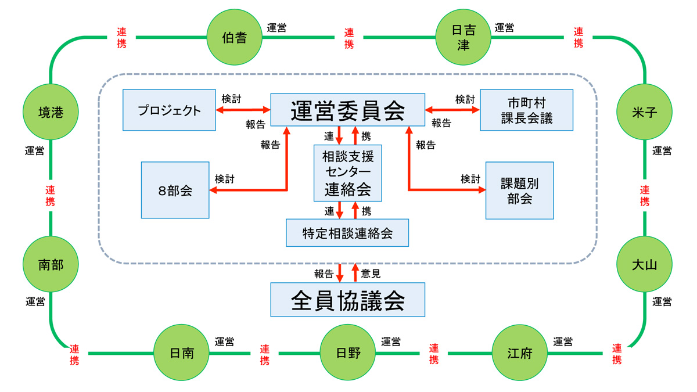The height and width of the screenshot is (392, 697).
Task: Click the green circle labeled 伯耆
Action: [234, 38]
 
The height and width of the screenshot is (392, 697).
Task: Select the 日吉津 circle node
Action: [463, 38]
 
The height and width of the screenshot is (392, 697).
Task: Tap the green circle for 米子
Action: [644, 112]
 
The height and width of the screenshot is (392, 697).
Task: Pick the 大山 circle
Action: [644, 265]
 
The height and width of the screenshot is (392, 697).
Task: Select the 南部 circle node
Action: [51, 265]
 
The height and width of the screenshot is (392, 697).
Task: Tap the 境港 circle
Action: [51, 112]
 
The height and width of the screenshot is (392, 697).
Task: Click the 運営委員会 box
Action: [348, 110]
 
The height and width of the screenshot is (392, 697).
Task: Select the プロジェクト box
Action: [169, 110]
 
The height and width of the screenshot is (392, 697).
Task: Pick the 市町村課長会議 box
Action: [526, 110]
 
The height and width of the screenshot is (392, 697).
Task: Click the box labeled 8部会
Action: [175, 190]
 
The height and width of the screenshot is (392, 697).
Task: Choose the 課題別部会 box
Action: [519, 190]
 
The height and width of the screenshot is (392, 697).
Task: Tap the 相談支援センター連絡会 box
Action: [347, 173]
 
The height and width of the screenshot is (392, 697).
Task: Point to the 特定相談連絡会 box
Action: [347, 233]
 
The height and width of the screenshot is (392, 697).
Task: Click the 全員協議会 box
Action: [347, 300]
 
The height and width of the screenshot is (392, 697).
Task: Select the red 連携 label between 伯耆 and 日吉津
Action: [348, 38]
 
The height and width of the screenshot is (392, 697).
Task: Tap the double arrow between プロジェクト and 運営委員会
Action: [243, 109]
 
